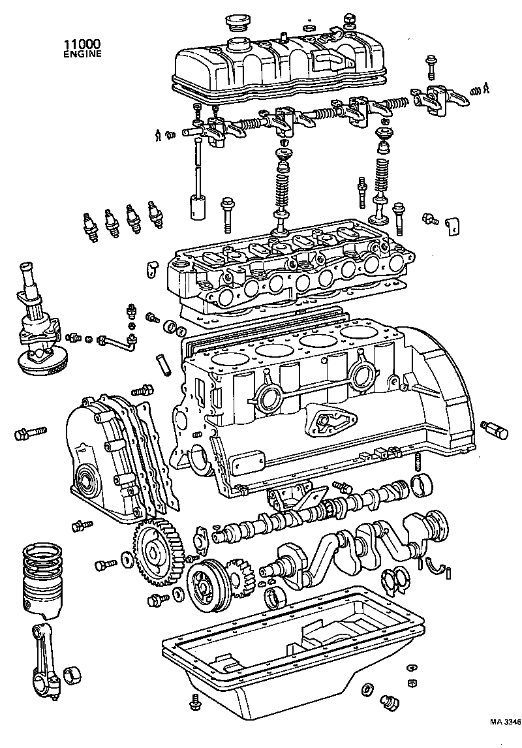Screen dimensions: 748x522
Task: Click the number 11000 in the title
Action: [82, 44]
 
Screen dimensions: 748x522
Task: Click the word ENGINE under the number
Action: [82, 54]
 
